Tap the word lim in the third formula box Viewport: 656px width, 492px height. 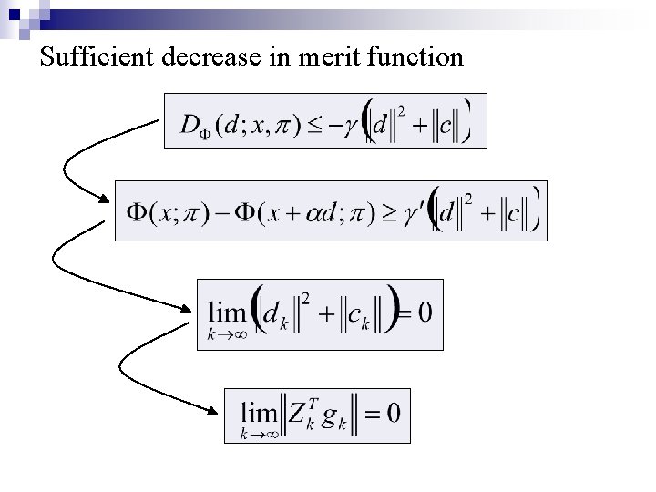(228, 313)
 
